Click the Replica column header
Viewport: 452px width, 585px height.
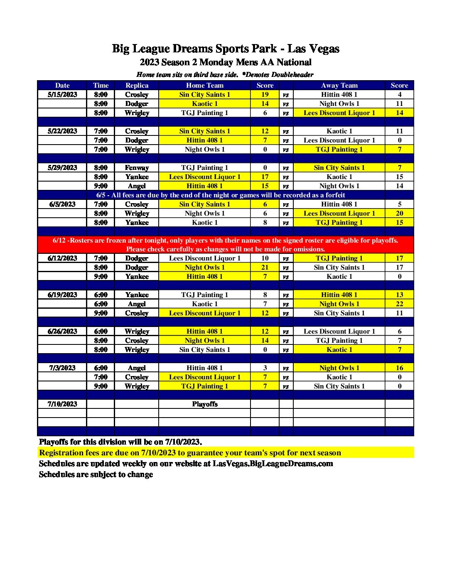pos(137,85)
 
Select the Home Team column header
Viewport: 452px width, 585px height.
pos(204,85)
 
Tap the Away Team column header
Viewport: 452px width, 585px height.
pos(339,85)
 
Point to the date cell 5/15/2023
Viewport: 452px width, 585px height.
pos(62,94)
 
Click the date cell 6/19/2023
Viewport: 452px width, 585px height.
pos(62,295)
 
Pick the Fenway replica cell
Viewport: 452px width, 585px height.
pos(137,167)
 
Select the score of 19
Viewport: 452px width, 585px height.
pos(265,94)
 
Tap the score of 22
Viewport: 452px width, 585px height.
pos(399,304)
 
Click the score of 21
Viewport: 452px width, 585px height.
pos(265,267)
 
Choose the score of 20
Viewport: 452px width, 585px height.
pos(399,213)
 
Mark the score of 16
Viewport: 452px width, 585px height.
pos(399,368)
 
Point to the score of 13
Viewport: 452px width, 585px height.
pos(399,295)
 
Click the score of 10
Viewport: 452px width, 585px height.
pos(265,258)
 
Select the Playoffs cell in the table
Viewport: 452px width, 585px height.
pos(204,404)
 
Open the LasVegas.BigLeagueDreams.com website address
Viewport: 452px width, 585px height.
pos(273,463)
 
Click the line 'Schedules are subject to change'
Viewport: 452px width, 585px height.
pos(96,474)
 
